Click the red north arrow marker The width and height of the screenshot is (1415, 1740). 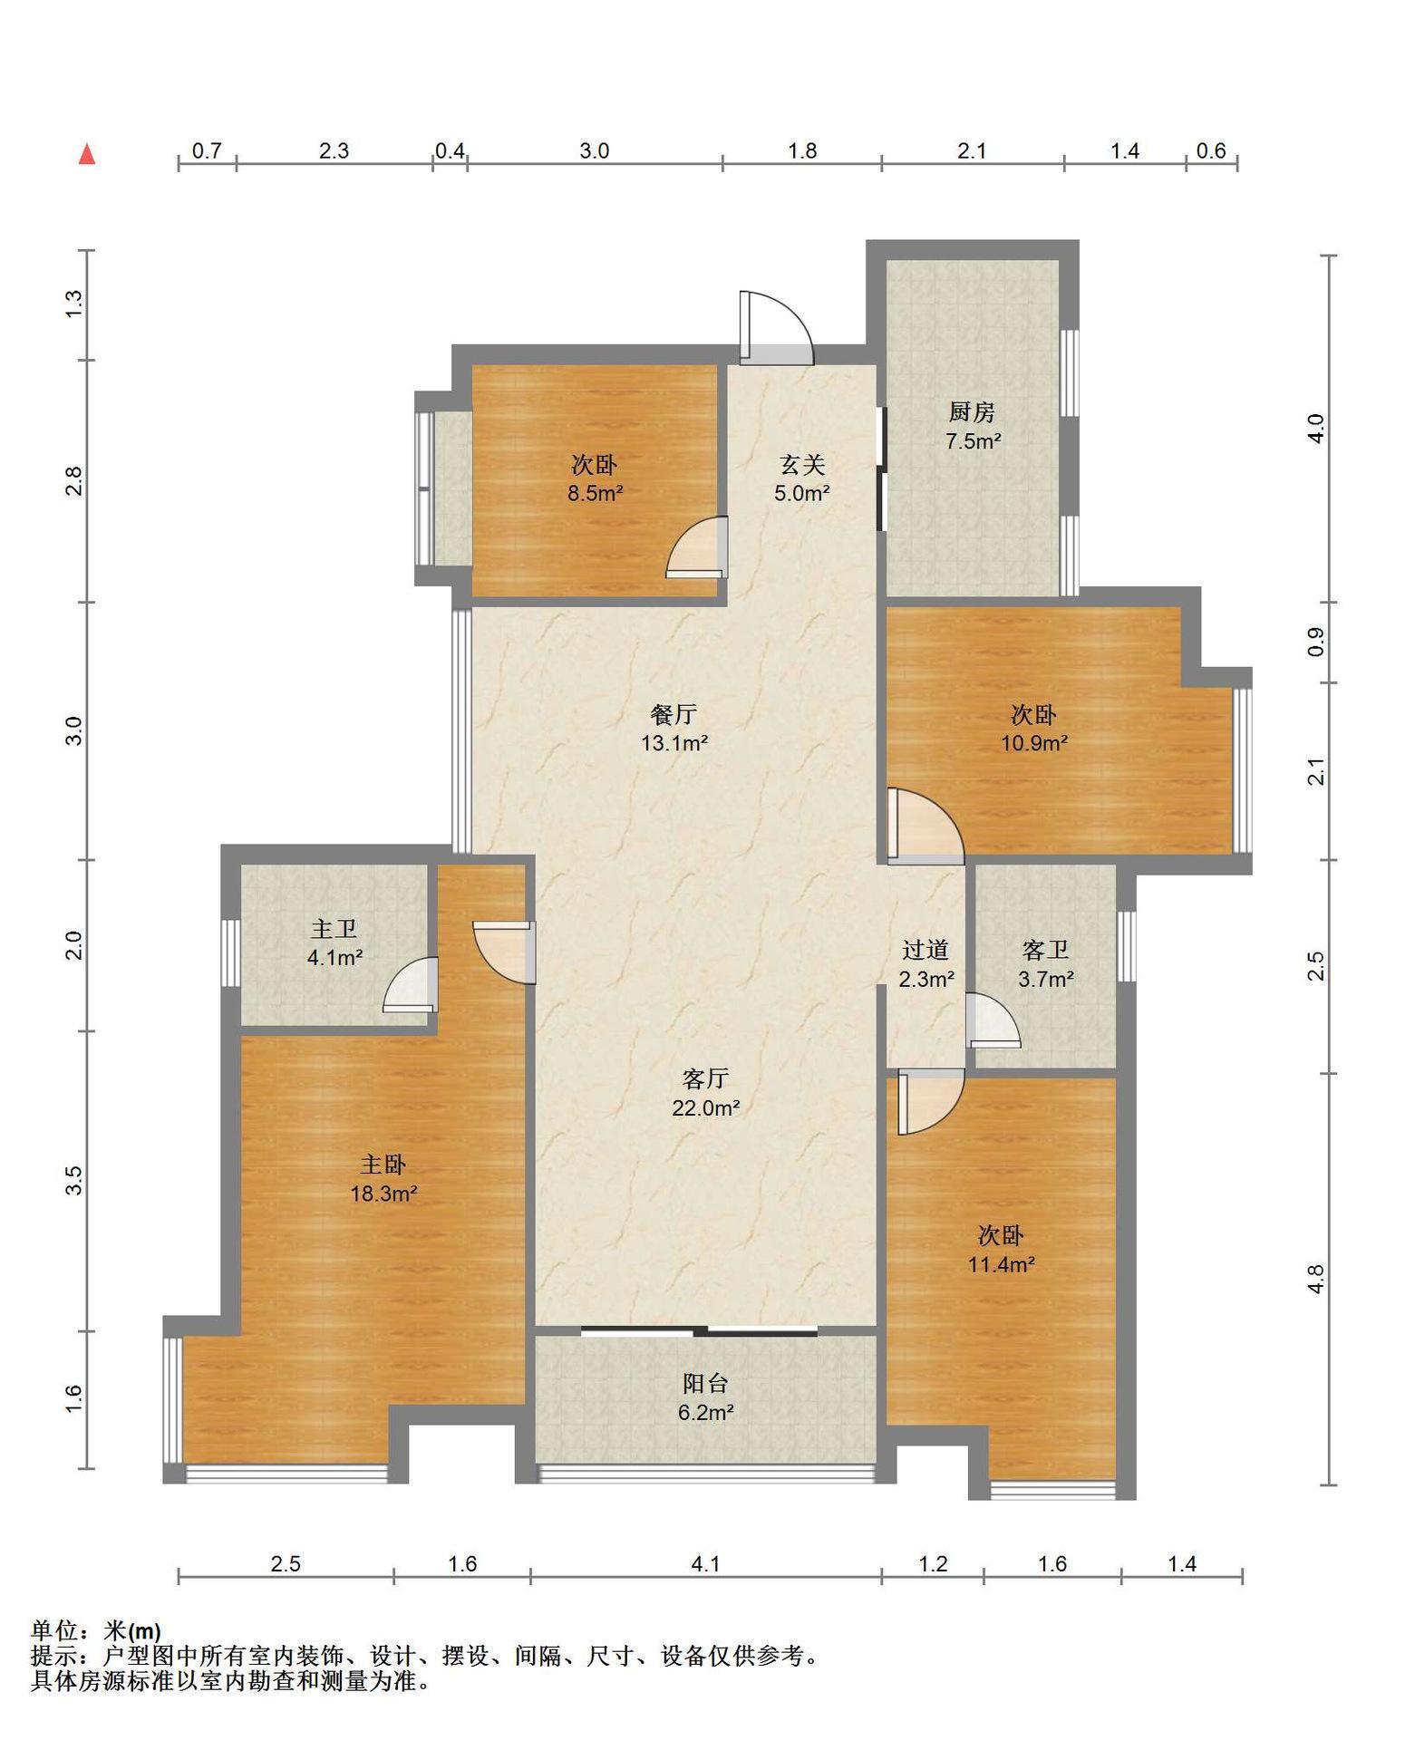pyautogui.click(x=87, y=154)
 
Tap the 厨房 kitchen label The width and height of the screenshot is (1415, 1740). pyautogui.click(x=972, y=412)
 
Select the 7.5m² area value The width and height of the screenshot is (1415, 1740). pyautogui.click(x=974, y=441)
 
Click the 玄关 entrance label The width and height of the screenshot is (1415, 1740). pyautogui.click(x=803, y=465)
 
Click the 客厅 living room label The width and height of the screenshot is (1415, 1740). pyautogui.click(x=705, y=1078)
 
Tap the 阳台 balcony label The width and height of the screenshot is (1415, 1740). pyautogui.click(x=705, y=1383)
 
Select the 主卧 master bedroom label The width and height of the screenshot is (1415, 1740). pyautogui.click(x=383, y=1164)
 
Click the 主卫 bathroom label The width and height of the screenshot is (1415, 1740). pyautogui.click(x=334, y=929)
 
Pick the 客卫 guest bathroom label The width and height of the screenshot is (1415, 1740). pyautogui.click(x=1045, y=950)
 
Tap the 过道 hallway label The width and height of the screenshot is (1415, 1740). pyautogui.click(x=926, y=950)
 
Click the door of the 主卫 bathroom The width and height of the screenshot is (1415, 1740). pyautogui.click(x=411, y=984)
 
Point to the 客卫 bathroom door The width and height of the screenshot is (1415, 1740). pyautogui.click(x=993, y=1020)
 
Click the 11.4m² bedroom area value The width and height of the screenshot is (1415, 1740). pyautogui.click(x=1002, y=1264)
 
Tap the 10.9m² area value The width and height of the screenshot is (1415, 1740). pyautogui.click(x=1034, y=743)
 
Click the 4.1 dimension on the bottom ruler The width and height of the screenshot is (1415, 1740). pyautogui.click(x=705, y=1563)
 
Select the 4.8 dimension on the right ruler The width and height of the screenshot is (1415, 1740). pyautogui.click(x=1316, y=1278)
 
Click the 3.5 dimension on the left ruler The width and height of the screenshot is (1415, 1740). pyautogui.click(x=73, y=1180)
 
